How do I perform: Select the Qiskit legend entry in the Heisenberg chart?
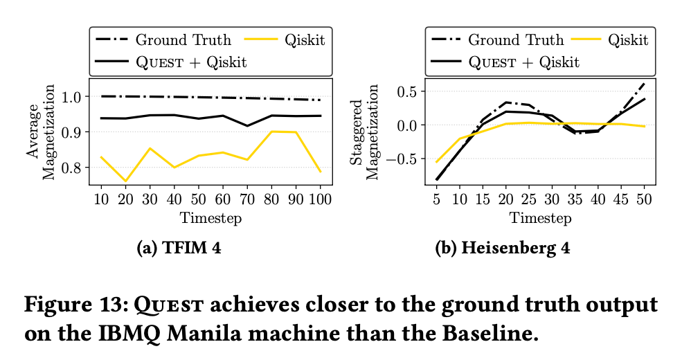(x=628, y=39)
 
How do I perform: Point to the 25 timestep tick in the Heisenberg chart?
(x=528, y=200)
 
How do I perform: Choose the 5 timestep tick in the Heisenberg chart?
(x=437, y=200)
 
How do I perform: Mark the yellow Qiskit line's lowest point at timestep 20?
(x=125, y=181)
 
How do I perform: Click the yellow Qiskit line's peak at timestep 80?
(x=272, y=132)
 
